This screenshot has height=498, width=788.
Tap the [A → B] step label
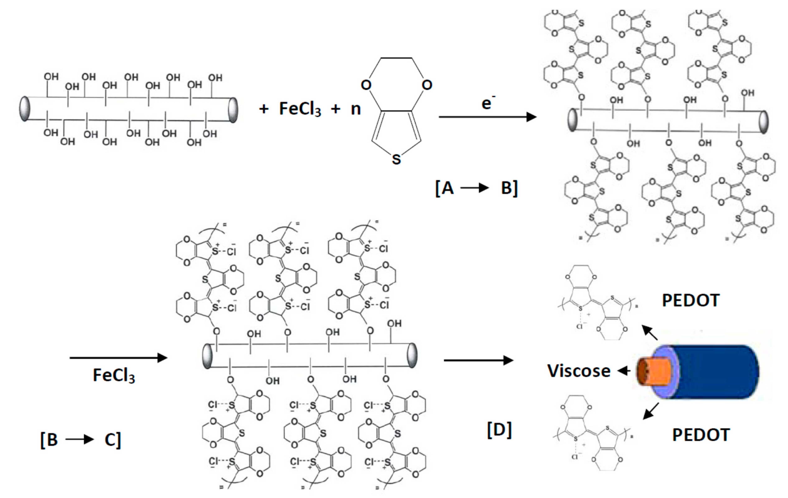click(x=476, y=188)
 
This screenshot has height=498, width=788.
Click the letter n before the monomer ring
click(x=356, y=109)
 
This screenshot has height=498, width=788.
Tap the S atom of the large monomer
click(x=396, y=160)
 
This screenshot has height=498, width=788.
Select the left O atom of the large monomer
click(x=366, y=85)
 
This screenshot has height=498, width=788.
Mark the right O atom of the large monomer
click(x=427, y=85)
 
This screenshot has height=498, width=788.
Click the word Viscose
click(x=579, y=371)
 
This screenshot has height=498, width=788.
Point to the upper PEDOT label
click(x=691, y=300)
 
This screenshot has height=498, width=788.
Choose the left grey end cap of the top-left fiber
click(x=25, y=109)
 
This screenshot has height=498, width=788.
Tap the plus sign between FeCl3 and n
click(x=335, y=109)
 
